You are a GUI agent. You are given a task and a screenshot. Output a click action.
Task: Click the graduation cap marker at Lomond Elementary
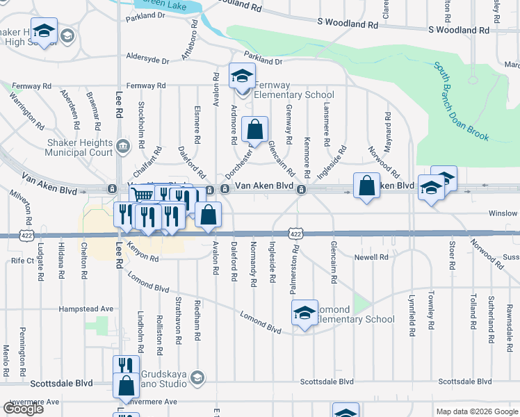click(304, 313)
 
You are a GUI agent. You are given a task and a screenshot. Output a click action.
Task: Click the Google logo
click(23, 409)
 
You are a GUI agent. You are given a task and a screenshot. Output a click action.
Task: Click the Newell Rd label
click(371, 257)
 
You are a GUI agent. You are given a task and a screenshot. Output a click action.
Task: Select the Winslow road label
click(503, 213)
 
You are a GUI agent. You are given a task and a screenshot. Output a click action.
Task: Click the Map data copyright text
click(476, 411)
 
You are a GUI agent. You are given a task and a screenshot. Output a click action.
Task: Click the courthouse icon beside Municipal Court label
click(123, 146)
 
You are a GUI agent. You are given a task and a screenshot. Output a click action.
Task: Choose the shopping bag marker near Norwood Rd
click(366, 185)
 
